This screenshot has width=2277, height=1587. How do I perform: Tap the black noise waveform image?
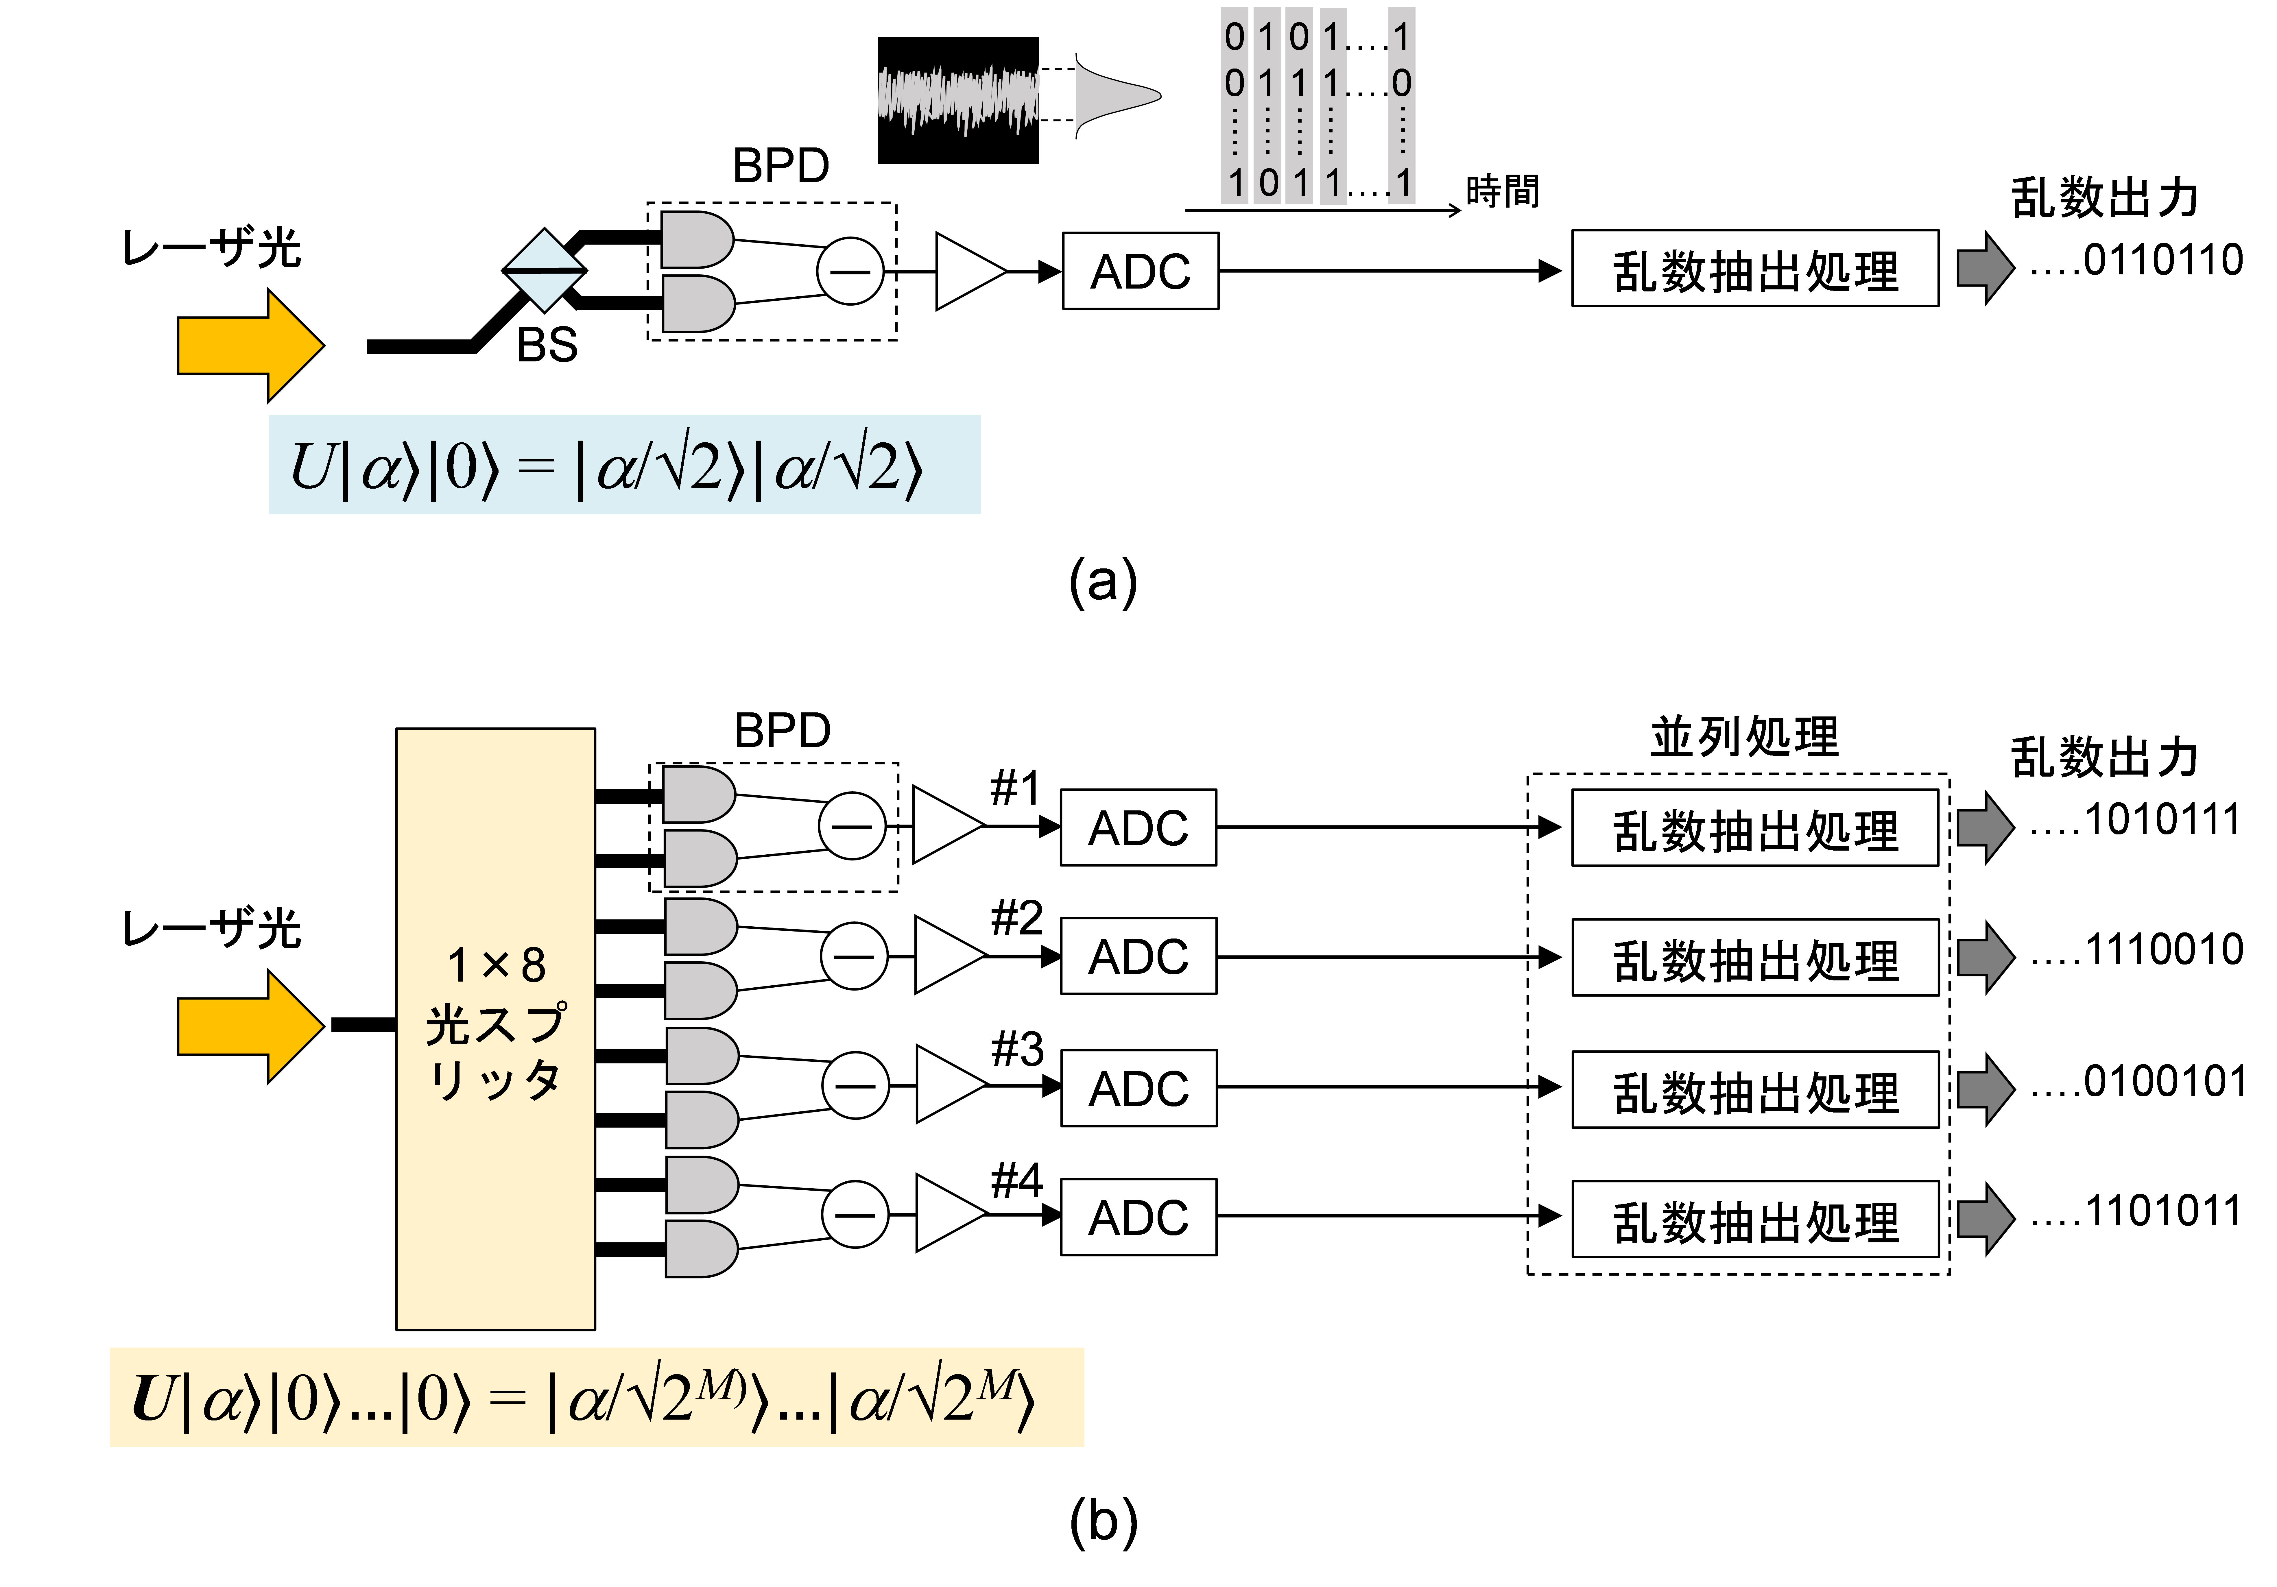click(x=958, y=100)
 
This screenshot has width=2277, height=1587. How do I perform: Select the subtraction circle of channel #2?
click(x=853, y=956)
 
